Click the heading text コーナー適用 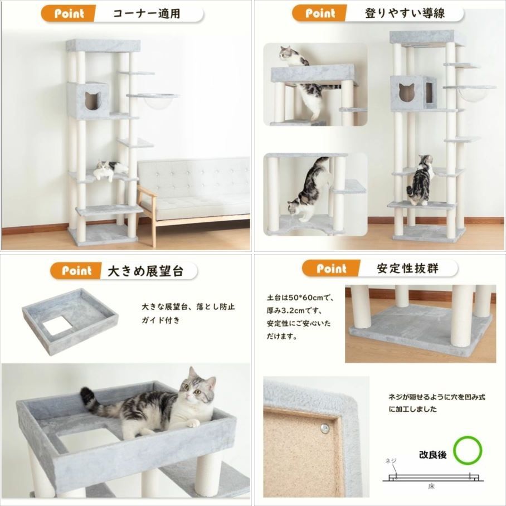click(147, 13)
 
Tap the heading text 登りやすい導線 click(405, 13)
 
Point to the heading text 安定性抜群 click(407, 269)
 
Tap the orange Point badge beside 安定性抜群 click(332, 269)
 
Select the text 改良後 click(433, 455)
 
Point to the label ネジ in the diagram click(391, 461)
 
